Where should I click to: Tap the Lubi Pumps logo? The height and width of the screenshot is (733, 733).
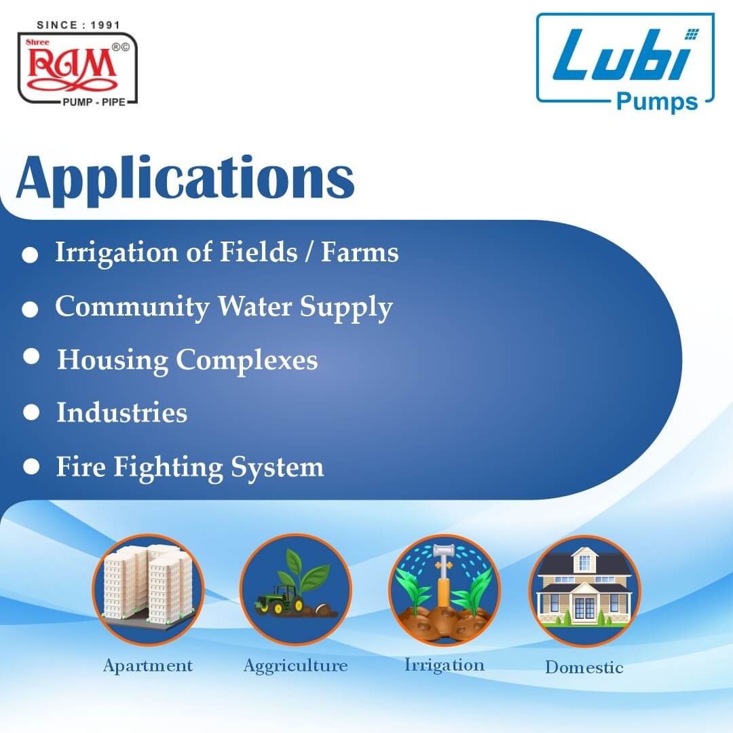click(x=625, y=61)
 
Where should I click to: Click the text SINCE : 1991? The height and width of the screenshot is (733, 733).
click(x=78, y=25)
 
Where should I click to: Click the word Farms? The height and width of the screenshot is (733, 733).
click(x=360, y=252)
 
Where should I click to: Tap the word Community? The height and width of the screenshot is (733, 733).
click(x=132, y=306)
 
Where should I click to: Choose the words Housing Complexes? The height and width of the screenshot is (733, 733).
click(x=187, y=360)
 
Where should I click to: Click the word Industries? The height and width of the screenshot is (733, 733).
click(x=121, y=413)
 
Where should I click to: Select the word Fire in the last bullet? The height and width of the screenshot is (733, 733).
click(x=80, y=467)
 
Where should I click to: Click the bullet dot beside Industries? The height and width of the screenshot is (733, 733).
click(x=31, y=412)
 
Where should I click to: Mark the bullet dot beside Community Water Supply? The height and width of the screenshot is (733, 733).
click(x=30, y=309)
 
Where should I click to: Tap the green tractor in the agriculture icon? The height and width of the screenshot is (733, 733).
click(x=278, y=601)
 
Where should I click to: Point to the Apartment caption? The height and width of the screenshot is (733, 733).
click(x=148, y=666)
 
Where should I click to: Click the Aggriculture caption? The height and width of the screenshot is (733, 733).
click(x=295, y=666)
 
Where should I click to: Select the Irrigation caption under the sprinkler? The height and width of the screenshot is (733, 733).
click(x=445, y=664)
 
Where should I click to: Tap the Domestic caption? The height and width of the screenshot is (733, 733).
click(x=584, y=667)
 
